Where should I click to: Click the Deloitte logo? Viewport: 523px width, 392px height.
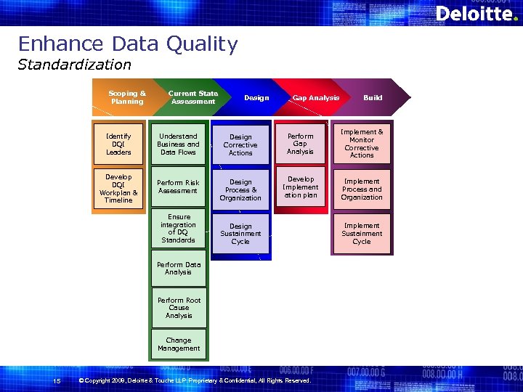[476, 14]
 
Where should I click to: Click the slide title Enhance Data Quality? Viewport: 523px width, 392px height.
[128, 44]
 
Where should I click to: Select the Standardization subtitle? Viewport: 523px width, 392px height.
[74, 65]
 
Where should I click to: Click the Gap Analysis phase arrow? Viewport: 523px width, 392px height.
[315, 97]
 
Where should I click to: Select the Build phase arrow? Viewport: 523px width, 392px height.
[373, 97]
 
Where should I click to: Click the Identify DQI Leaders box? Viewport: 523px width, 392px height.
[118, 144]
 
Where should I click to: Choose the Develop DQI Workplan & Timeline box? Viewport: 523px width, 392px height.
[118, 189]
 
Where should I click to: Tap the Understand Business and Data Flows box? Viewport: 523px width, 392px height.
[178, 144]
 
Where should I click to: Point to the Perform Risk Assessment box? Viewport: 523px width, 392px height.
[178, 187]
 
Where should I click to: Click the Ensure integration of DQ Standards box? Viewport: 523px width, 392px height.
[178, 229]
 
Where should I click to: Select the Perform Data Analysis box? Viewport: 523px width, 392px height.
[178, 269]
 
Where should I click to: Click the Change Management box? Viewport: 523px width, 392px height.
[179, 344]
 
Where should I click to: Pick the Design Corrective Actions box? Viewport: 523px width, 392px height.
[240, 145]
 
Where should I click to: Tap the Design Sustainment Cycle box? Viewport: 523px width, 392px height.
[240, 234]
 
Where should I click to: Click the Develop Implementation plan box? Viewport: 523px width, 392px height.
[301, 187]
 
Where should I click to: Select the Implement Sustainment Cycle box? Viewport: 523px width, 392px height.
[361, 234]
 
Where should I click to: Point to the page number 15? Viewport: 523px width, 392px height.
[57, 381]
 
